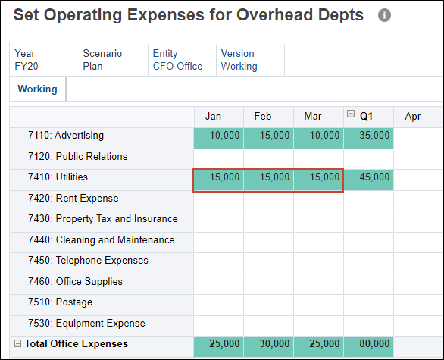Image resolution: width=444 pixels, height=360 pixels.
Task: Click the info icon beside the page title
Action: (x=384, y=16)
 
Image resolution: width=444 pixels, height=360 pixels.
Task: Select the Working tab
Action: (x=37, y=89)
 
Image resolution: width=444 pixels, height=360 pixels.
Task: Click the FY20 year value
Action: (x=26, y=66)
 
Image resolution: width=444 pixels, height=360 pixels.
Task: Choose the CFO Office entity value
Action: (x=177, y=66)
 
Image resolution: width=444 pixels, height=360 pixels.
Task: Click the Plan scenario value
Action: (x=94, y=66)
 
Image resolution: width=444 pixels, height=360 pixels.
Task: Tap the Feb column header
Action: (x=263, y=117)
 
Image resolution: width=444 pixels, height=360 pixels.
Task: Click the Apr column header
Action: (x=413, y=117)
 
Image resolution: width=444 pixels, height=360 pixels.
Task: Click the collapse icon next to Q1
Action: (x=351, y=115)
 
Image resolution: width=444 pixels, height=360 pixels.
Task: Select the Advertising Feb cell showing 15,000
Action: (x=268, y=136)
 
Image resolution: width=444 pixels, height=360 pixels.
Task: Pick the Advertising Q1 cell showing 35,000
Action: (x=368, y=136)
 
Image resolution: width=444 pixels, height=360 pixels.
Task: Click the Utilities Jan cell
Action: (x=218, y=177)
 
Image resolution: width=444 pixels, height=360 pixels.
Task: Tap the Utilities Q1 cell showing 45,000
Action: (x=368, y=177)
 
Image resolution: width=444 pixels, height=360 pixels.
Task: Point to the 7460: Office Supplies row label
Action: (x=89, y=282)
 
